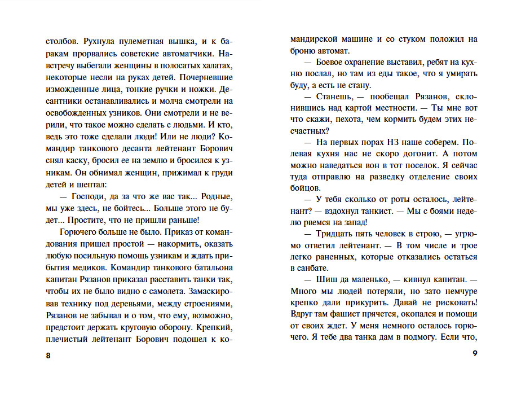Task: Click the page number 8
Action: point(47,355)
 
